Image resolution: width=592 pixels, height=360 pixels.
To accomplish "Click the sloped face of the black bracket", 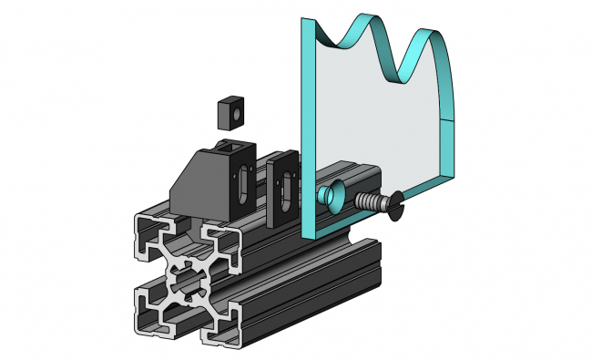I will (197, 175).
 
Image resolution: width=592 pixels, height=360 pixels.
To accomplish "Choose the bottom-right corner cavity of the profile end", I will (225, 324).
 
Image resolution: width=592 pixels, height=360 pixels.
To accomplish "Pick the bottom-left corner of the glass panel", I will (304, 232).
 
